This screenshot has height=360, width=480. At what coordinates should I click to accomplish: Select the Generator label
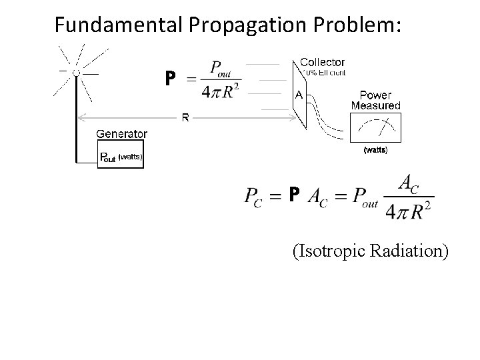point(122,133)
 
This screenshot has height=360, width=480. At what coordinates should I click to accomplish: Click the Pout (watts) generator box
point(121,157)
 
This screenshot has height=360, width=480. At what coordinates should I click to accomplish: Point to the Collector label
point(322,62)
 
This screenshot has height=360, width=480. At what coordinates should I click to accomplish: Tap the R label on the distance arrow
point(185,118)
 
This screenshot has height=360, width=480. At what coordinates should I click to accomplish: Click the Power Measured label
point(375,100)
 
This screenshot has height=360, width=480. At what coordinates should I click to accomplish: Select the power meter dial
point(375,126)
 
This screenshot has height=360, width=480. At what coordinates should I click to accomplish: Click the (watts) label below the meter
point(375,150)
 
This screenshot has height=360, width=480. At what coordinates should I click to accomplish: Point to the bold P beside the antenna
point(171,79)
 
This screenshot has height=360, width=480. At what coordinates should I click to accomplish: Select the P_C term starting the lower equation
point(257,197)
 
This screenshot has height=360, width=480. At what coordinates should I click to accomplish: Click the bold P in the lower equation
point(294,194)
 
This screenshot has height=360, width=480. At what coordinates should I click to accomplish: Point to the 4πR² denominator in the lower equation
point(407,211)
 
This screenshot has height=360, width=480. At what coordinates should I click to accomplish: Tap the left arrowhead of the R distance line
point(81,118)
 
